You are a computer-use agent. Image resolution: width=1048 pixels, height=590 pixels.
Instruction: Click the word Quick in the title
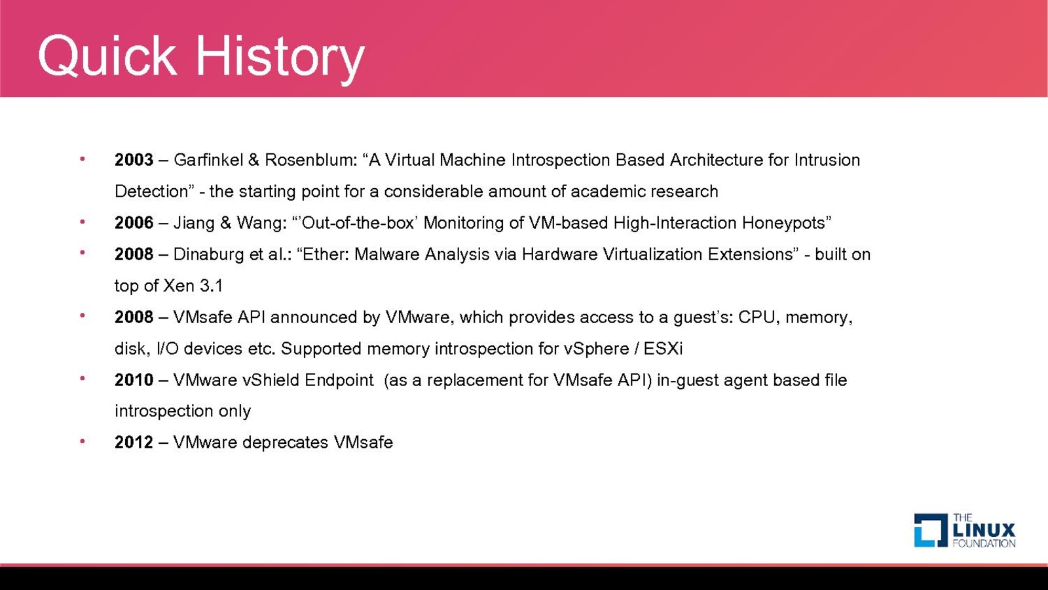[x=107, y=56]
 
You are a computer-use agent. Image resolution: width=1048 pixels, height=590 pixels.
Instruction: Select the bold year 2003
[x=134, y=160]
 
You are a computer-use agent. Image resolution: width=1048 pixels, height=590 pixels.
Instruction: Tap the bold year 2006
[x=134, y=223]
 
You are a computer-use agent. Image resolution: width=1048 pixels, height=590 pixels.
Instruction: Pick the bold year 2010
[x=134, y=380]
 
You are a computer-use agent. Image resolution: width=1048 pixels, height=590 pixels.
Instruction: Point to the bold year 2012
[x=134, y=442]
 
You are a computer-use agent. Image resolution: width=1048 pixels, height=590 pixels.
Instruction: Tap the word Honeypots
[x=786, y=224]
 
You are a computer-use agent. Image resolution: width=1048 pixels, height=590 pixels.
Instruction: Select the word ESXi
[x=663, y=349]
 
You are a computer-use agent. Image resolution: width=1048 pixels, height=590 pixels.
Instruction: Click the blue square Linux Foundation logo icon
[x=931, y=530]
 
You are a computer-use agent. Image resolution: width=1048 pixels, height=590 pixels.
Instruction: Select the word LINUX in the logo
[x=984, y=530]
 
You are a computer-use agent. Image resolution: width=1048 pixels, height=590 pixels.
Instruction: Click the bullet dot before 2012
[x=83, y=441]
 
